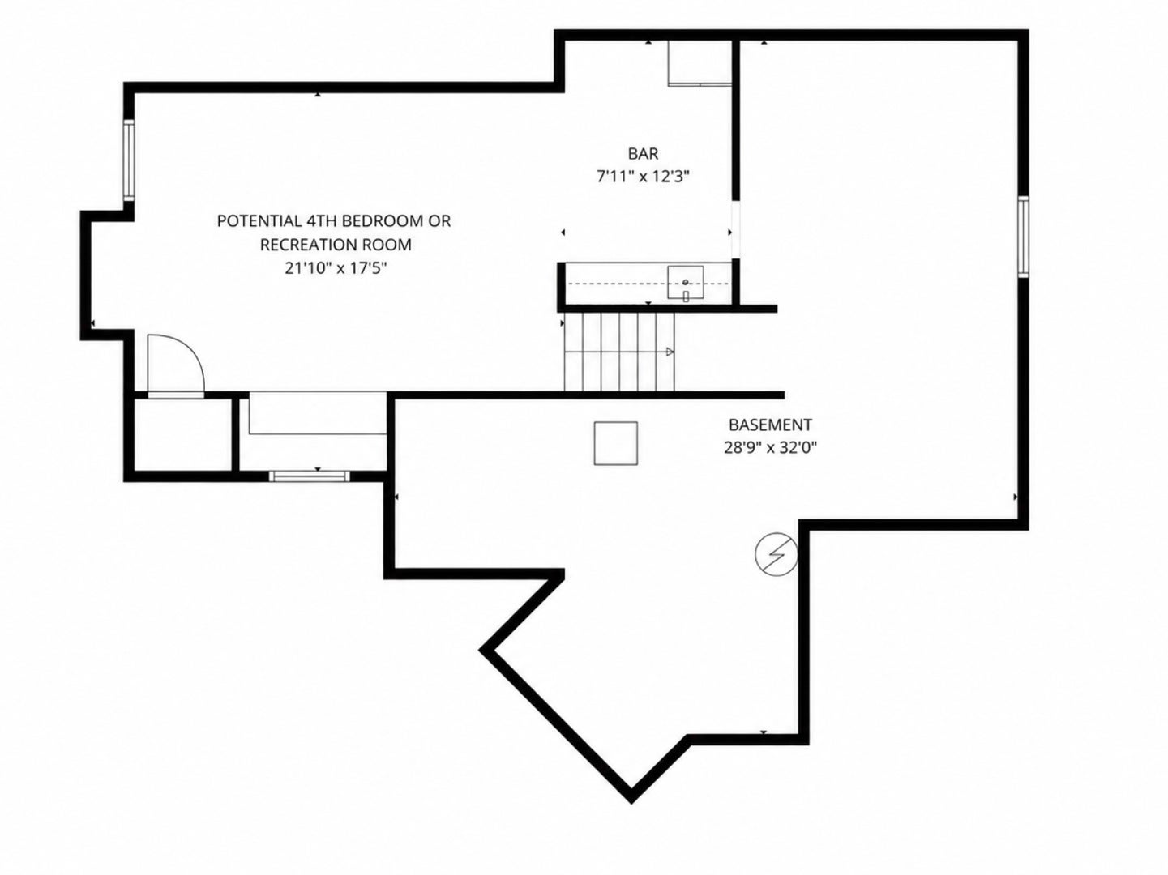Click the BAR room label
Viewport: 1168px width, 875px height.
[643, 154]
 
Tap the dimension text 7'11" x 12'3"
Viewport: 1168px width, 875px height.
[643, 177]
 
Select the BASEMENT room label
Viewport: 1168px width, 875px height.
[770, 425]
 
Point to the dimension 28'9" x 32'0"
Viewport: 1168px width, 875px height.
[770, 448]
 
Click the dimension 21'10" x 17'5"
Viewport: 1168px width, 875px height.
[336, 268]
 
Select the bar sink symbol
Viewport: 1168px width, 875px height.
[686, 283]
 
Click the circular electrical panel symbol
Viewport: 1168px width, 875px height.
[777, 554]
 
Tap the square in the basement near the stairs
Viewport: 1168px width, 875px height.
[616, 443]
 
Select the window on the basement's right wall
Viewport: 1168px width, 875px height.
[1023, 237]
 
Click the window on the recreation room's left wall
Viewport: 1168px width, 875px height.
[129, 160]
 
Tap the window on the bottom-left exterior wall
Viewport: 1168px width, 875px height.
[309, 476]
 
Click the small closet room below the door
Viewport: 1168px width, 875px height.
[182, 434]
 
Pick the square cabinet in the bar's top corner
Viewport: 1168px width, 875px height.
[700, 62]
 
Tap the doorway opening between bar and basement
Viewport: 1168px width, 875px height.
[735, 230]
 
